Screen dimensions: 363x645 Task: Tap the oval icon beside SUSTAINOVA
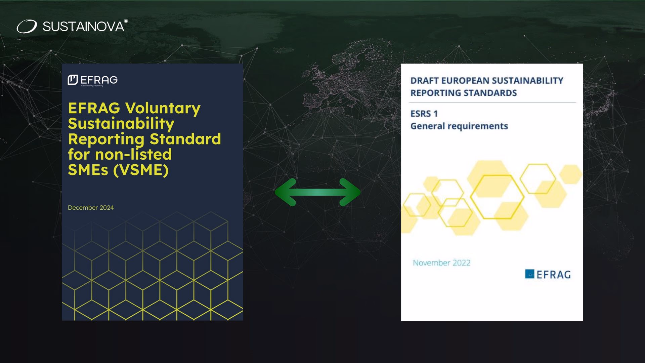[x=27, y=27]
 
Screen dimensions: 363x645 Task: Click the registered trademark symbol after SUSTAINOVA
[x=126, y=21]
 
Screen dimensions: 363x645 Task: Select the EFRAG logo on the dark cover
[x=92, y=80]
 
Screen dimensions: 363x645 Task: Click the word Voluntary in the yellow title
[x=163, y=108]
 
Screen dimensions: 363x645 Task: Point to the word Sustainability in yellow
[x=121, y=124]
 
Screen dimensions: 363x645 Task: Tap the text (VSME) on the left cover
[x=141, y=170]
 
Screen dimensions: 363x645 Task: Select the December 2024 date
[x=91, y=208]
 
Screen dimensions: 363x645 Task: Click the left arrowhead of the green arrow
[x=286, y=192]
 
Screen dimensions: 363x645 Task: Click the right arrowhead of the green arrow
[x=350, y=192]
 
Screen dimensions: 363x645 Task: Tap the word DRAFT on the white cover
[x=424, y=81]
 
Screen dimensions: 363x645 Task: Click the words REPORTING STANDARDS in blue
[x=464, y=93]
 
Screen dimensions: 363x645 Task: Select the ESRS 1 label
[x=424, y=114]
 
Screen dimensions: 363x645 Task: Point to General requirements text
[x=459, y=126]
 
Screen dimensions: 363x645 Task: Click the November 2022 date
[x=441, y=263]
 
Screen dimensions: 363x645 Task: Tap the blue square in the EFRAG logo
[x=529, y=274]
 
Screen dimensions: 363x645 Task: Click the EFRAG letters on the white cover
[x=553, y=275]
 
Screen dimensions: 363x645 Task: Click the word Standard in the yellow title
[x=185, y=139]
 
